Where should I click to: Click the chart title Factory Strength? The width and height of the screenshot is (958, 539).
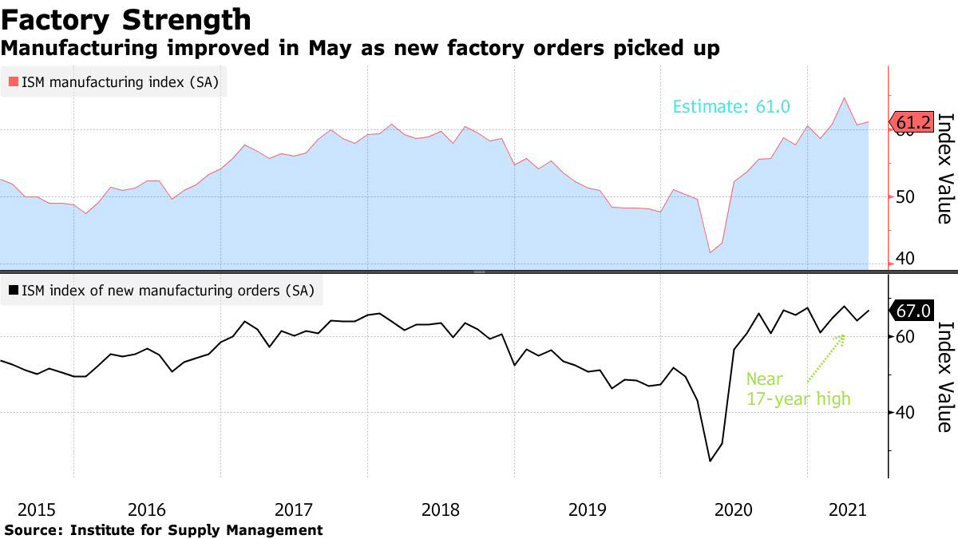pyautogui.click(x=126, y=19)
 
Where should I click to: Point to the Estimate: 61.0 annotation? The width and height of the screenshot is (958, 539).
pyautogui.click(x=731, y=106)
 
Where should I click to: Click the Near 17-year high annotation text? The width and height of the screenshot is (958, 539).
pyautogui.click(x=798, y=389)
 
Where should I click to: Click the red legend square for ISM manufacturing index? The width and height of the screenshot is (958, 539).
pyautogui.click(x=14, y=81)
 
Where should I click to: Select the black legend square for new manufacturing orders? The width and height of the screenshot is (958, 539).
pyautogui.click(x=14, y=291)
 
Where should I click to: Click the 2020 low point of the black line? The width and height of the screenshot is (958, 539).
pyautogui.click(x=710, y=461)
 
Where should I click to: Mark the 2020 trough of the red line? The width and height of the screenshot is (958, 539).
pyautogui.click(x=710, y=252)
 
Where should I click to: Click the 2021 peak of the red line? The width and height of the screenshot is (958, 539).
pyautogui.click(x=844, y=98)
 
